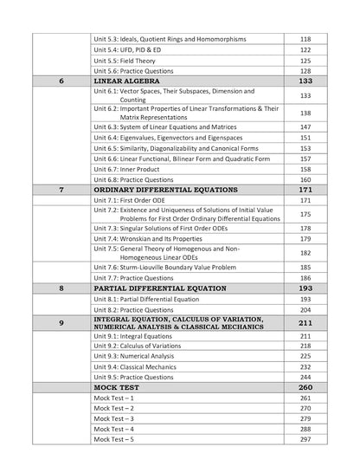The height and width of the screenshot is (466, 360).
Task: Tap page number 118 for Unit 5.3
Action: pyautogui.click(x=305, y=39)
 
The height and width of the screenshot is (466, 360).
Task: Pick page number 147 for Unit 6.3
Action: pyautogui.click(x=305, y=127)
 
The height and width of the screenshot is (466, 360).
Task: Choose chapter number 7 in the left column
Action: pyautogui.click(x=61, y=188)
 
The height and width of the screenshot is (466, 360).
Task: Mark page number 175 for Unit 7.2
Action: pyautogui.click(x=305, y=214)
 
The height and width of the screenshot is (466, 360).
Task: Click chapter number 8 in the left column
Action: pyautogui.click(x=61, y=288)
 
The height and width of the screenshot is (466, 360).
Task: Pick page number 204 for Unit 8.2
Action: pyautogui.click(x=305, y=309)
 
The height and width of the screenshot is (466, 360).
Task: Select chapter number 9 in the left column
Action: pyautogui.click(x=61, y=323)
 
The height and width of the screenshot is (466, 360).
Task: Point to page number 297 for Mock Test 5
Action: pyautogui.click(x=305, y=440)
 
